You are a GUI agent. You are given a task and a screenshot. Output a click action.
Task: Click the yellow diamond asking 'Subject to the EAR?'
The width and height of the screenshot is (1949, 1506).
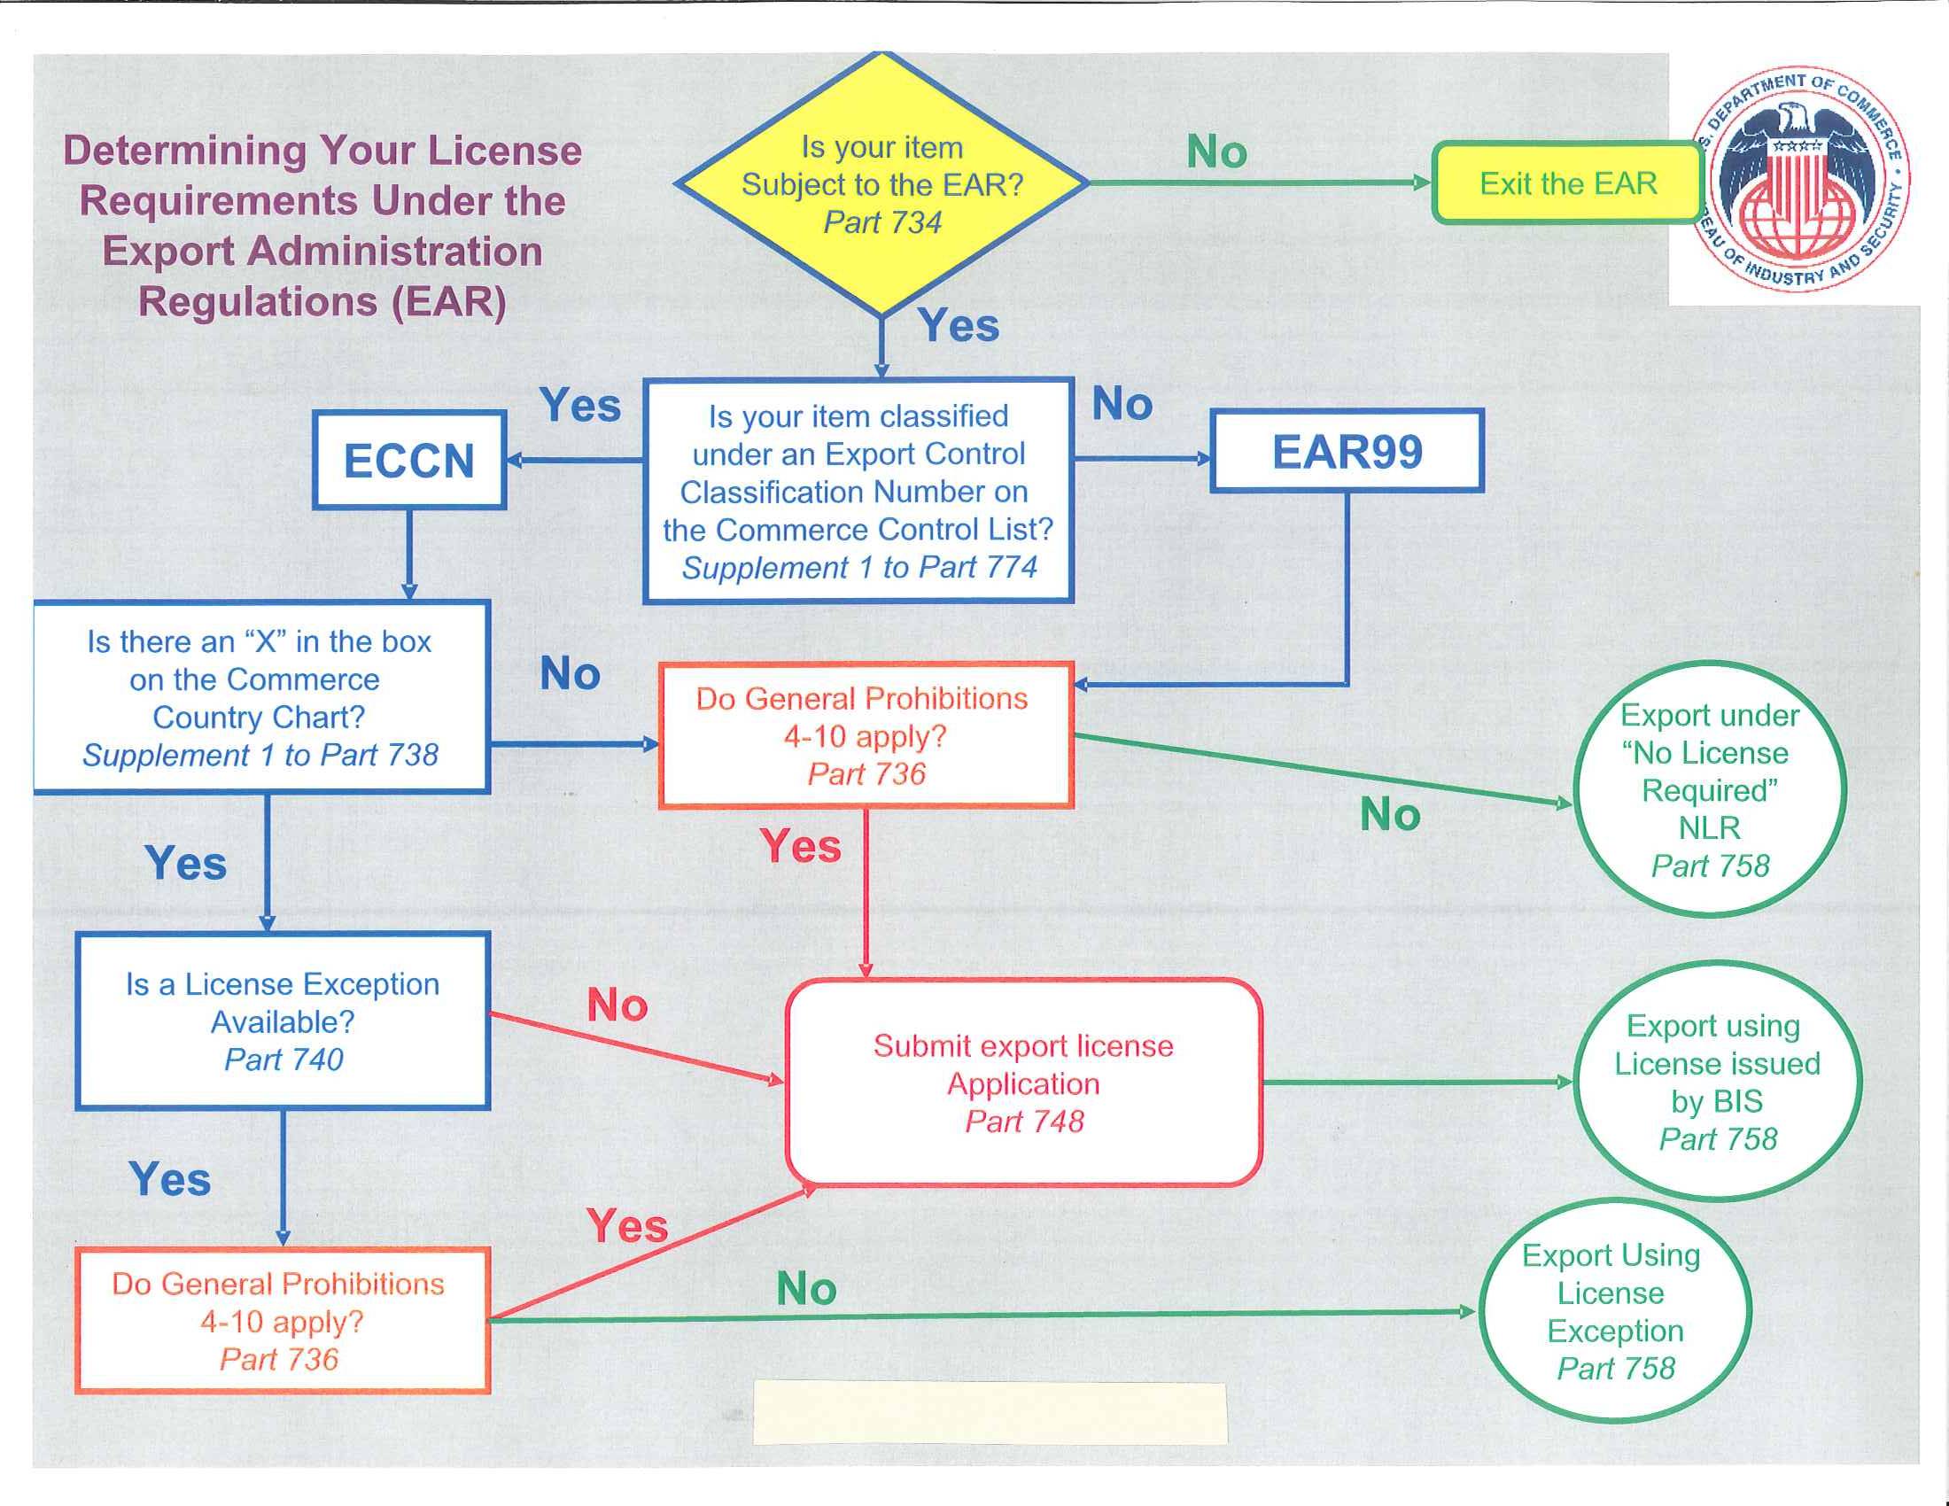(881, 183)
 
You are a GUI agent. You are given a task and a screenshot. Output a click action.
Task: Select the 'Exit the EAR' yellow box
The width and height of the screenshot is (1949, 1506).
(1567, 183)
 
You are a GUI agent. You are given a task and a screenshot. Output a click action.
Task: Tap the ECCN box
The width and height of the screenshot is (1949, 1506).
(408, 461)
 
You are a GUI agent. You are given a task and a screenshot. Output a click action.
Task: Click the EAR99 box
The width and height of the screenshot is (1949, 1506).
(1347, 452)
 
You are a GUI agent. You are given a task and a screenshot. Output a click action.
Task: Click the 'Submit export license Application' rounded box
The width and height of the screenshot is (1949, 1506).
(1022, 1083)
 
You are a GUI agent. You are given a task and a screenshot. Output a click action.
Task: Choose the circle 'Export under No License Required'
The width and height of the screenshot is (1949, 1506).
(1708, 789)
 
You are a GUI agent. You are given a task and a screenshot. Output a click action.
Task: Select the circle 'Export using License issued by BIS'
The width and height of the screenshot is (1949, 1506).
(1716, 1082)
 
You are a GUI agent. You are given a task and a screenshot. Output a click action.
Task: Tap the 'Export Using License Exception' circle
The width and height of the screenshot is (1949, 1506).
(1614, 1310)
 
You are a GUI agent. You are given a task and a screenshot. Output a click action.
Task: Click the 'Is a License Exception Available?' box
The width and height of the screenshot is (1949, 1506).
(282, 1021)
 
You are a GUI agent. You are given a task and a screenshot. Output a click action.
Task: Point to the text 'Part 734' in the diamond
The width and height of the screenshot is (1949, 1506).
(881, 222)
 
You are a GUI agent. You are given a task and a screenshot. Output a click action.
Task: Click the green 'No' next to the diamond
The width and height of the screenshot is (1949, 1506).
(1215, 151)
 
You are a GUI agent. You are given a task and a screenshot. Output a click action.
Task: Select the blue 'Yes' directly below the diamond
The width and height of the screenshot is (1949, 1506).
(958, 325)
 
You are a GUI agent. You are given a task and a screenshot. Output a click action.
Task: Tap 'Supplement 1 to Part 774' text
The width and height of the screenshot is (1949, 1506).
(858, 568)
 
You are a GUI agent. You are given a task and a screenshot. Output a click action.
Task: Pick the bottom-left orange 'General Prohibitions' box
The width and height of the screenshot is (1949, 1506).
(282, 1321)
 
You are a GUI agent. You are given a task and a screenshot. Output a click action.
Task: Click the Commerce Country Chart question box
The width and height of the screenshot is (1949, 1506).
(260, 698)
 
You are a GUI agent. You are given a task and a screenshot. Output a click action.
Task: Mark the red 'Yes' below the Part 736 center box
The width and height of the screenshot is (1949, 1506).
(801, 846)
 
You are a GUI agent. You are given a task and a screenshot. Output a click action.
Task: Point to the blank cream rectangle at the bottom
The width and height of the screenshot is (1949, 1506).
(990, 1412)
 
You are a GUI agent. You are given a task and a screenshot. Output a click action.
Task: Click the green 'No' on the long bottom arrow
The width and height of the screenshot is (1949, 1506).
(806, 1288)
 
